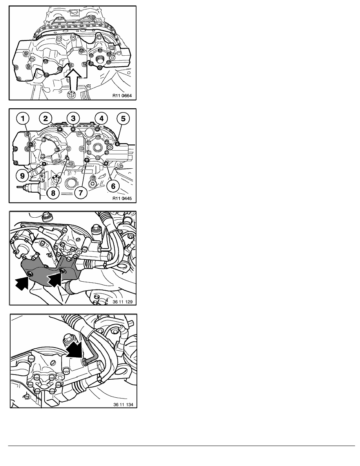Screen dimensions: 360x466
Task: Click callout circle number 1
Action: (x=23, y=118)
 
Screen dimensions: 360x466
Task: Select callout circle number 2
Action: (x=45, y=118)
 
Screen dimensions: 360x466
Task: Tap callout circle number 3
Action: (x=73, y=118)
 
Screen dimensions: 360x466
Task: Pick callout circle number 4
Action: (x=101, y=118)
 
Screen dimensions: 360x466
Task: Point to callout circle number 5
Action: (x=123, y=118)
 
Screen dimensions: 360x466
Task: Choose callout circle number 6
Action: (x=113, y=186)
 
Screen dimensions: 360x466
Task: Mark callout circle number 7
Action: (x=81, y=193)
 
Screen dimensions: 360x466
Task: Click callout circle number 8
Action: (x=53, y=193)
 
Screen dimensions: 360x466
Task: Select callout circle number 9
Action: (x=23, y=176)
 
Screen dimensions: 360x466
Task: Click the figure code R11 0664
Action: (x=122, y=96)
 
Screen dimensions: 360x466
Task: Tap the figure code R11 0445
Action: (x=122, y=198)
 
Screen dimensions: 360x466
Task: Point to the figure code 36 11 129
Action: (x=123, y=302)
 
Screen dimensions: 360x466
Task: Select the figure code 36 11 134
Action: (x=123, y=404)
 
